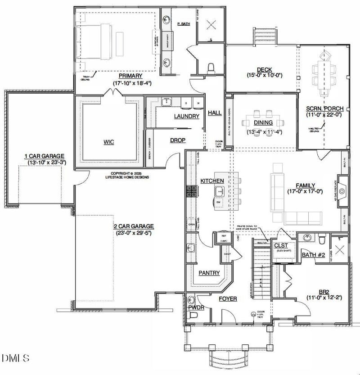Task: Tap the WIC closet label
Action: (108, 142)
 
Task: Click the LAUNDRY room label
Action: (174, 116)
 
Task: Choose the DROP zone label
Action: (178, 140)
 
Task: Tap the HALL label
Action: (215, 113)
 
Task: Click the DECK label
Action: (264, 69)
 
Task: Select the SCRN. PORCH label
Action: (325, 108)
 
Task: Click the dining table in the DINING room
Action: (263, 122)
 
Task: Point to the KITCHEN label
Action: (212, 181)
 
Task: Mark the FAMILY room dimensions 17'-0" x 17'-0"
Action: (305, 191)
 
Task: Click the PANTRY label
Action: (209, 273)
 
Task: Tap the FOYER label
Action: (228, 298)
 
